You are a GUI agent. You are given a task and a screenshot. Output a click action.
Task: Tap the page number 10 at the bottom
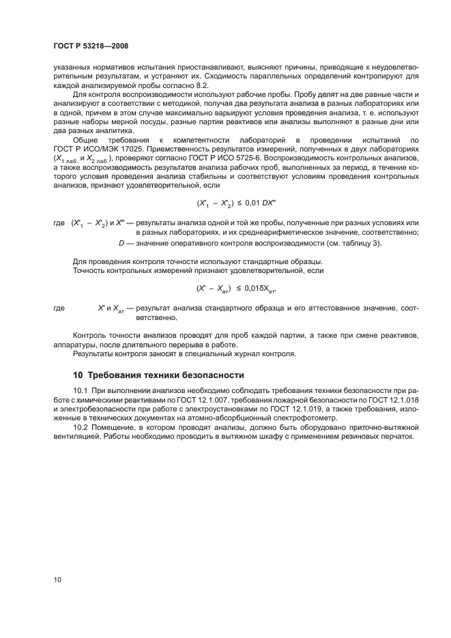coord(58,580)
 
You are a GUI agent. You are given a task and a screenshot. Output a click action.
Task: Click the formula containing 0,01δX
coord(236,289)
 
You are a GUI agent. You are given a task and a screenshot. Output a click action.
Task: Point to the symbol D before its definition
coord(122,244)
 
